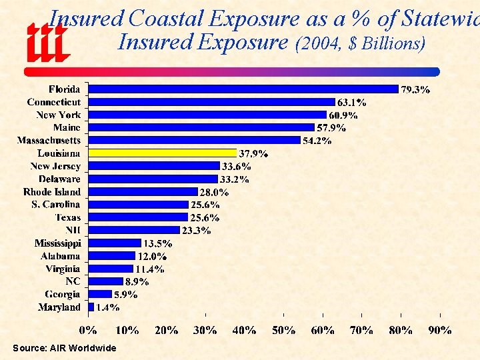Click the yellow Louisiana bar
162,153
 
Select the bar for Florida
243,89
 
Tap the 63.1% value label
351,102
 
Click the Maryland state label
59,307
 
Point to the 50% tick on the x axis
284,329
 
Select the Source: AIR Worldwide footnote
64,348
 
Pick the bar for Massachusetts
194,140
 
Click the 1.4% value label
107,307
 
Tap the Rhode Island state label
51,191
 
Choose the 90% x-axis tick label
440,329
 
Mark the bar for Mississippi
115,243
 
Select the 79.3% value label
415,89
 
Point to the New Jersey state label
55,166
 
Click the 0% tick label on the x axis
88,329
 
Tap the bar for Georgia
100,294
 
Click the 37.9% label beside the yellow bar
253,153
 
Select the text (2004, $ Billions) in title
360,43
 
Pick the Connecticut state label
53,102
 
